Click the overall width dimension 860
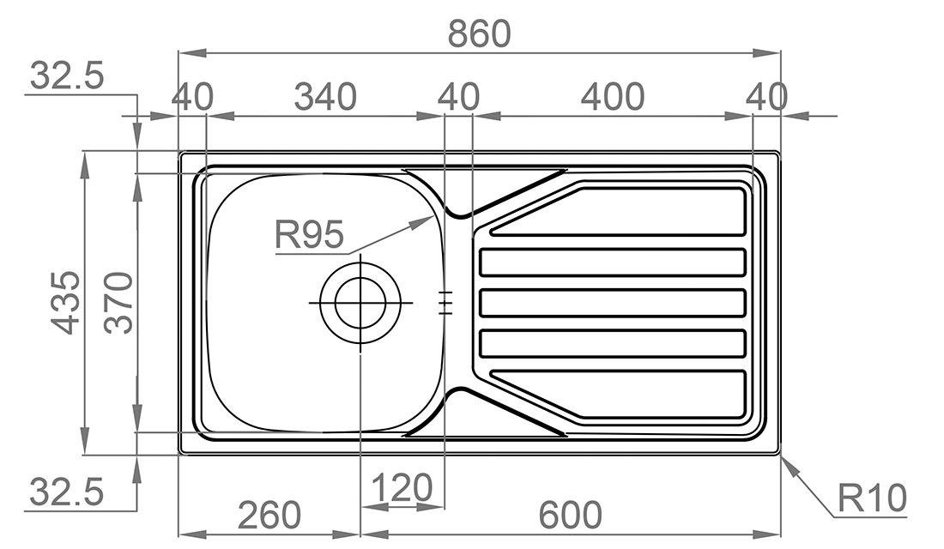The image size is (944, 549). pyautogui.click(x=479, y=33)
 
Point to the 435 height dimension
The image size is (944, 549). pyautogui.click(x=65, y=302)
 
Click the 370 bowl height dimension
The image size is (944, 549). pyautogui.click(x=118, y=302)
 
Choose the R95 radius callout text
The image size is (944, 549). pyautogui.click(x=310, y=234)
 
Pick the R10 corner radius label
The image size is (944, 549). pyautogui.click(x=872, y=498)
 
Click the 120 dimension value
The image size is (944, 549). pyautogui.click(x=402, y=487)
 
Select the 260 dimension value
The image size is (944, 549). pyautogui.click(x=269, y=516)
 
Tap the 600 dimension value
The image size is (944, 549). pyautogui.click(x=570, y=516)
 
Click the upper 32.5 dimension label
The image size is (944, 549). pyautogui.click(x=66, y=75)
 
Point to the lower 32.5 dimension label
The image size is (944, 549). pyautogui.click(x=66, y=492)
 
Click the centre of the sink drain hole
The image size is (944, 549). pyautogui.click(x=360, y=302)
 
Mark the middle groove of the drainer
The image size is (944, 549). pyautogui.click(x=613, y=303)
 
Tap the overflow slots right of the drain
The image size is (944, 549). pyautogui.click(x=445, y=303)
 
